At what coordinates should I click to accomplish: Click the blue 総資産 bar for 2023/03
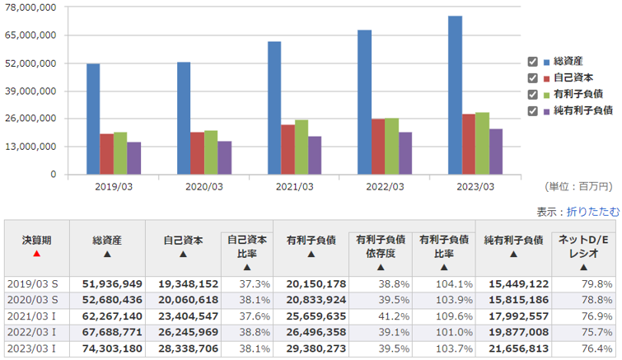pyautogui.click(x=456, y=95)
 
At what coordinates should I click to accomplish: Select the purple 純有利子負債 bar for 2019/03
pyautogui.click(x=133, y=158)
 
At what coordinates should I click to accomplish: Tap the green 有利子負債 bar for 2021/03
pyautogui.click(x=302, y=147)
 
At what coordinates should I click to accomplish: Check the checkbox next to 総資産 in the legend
pyautogui.click(x=532, y=62)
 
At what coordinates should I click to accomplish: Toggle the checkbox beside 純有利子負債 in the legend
pyautogui.click(x=532, y=110)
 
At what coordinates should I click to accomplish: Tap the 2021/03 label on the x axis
pyautogui.click(x=294, y=186)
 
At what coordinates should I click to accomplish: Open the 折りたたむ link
pyautogui.click(x=593, y=211)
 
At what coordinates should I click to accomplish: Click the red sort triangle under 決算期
pyautogui.click(x=36, y=254)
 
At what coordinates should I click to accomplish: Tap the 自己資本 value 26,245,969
pyautogui.click(x=185, y=332)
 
